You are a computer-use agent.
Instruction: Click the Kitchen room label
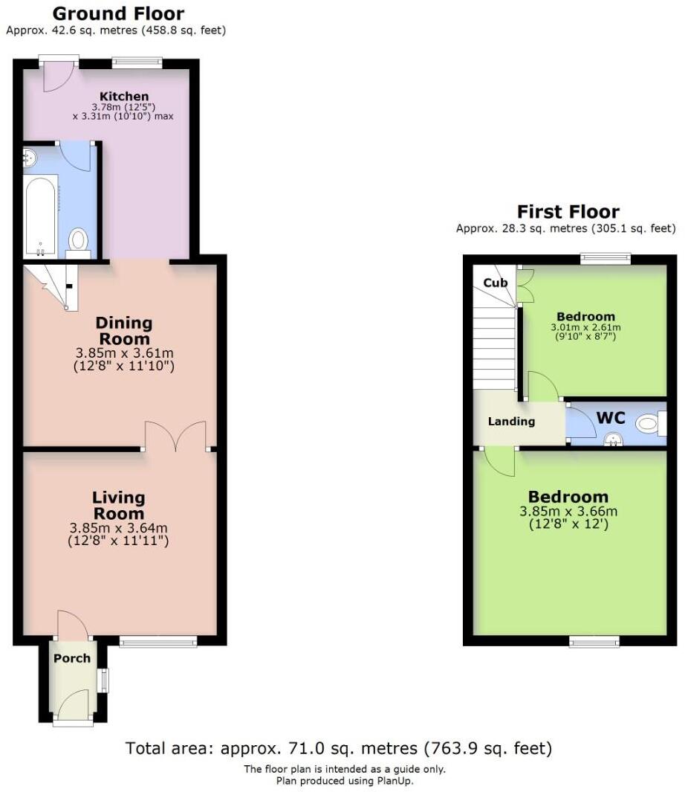[124, 96]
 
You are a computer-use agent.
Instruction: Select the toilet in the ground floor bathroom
[78, 241]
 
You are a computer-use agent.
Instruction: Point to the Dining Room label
[123, 330]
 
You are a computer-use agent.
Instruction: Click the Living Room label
[118, 506]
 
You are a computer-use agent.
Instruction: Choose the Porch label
[72, 658]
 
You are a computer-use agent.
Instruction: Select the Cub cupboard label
[495, 283]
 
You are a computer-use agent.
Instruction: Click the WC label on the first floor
[610, 417]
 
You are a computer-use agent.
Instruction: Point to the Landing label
[511, 422]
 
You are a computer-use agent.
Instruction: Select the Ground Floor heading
[119, 13]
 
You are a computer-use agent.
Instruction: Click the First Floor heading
[568, 211]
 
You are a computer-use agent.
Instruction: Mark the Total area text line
[339, 747]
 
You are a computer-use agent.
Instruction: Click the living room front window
[158, 641]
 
